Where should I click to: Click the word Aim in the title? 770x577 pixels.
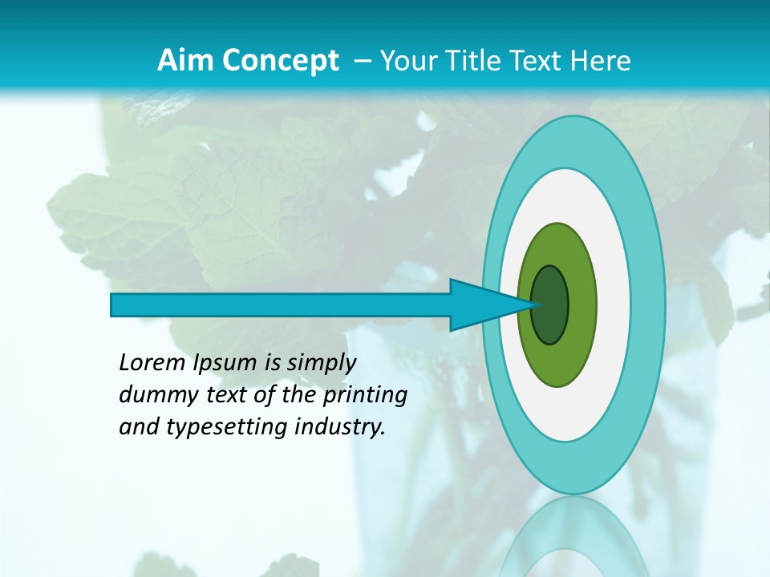[x=186, y=60]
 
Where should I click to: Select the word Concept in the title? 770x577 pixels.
[x=280, y=61]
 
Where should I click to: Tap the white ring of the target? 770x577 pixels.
[x=614, y=305]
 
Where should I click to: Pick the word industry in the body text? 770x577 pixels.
[x=340, y=427]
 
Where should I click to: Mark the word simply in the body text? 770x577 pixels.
[x=321, y=364]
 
